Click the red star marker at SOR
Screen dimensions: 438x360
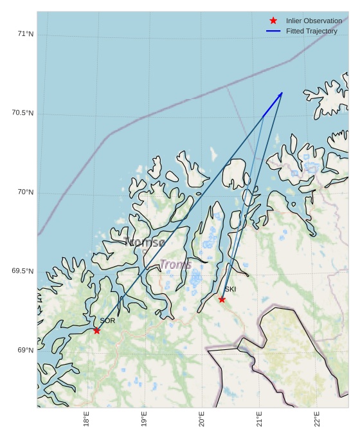[97, 330]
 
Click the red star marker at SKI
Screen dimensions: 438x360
[222, 299]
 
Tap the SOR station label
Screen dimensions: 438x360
[107, 320]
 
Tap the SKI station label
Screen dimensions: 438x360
[230, 289]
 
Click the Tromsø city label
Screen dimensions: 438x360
[144, 242]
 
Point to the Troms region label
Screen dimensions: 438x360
[175, 264]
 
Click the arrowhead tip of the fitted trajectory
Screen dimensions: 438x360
[282, 93]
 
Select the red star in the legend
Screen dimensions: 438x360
[273, 21]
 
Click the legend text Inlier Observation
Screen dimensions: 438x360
[314, 21]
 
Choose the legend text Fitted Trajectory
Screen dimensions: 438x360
[311, 31]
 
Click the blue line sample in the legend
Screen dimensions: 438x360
[273, 31]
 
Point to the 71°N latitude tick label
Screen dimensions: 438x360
[25, 33]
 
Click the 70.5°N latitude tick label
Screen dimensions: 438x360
[22, 113]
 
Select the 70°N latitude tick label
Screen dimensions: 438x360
[25, 192]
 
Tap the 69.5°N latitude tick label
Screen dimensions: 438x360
[22, 271]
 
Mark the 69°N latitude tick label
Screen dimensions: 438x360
[25, 350]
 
